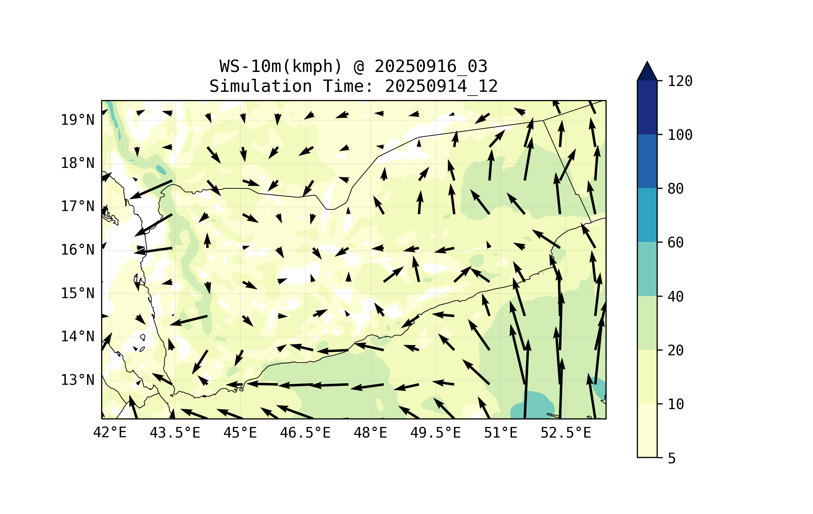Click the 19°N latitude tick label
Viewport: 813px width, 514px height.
tap(77, 120)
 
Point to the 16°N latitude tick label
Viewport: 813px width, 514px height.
tap(77, 250)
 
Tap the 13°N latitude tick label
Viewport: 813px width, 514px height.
tap(77, 380)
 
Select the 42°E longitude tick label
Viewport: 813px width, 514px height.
tap(110, 433)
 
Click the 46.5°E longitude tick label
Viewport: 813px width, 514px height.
tap(305, 433)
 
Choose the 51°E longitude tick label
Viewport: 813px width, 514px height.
tap(500, 433)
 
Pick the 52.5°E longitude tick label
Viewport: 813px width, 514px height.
tap(566, 433)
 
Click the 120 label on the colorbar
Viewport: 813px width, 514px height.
tap(680, 81)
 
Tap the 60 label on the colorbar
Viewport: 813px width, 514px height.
tap(675, 243)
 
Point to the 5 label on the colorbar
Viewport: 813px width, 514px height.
tap(672, 458)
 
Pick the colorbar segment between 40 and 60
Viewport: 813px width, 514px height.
tap(647, 269)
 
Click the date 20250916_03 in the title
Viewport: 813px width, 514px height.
tap(431, 66)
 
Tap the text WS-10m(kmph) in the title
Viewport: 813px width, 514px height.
tap(281, 66)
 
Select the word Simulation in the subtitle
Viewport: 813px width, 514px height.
tap(261, 86)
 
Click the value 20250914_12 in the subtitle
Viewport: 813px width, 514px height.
tap(441, 86)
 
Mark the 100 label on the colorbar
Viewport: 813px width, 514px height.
tap(680, 135)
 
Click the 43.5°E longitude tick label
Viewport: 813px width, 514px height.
tap(175, 433)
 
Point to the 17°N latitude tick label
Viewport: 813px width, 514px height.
tap(77, 206)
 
